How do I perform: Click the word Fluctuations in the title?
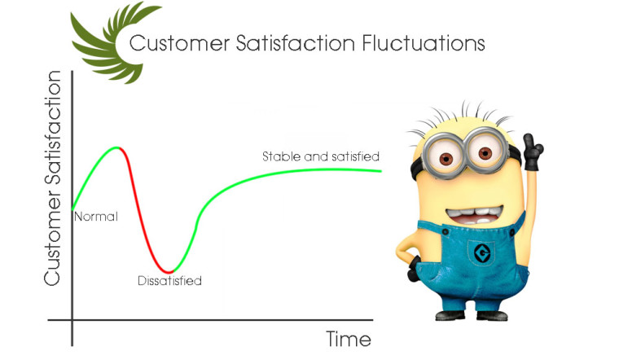point(424,43)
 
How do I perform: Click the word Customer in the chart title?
point(179,43)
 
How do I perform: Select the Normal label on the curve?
point(96,217)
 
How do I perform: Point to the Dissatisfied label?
point(169,281)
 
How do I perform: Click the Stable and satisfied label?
point(321,156)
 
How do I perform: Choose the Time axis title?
point(349,339)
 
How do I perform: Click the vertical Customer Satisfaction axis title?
point(52,178)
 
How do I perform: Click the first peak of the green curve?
point(117,147)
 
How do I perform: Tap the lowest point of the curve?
point(169,272)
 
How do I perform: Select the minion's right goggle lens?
point(485,152)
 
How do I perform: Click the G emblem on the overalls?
point(481,253)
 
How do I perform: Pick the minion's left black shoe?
point(450,315)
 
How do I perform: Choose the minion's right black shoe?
point(492,315)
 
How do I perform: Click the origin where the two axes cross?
point(72,320)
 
